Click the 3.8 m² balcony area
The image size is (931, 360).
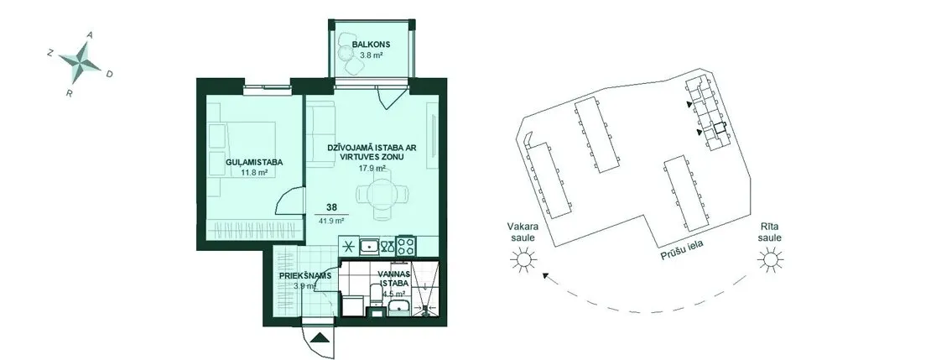(371, 55)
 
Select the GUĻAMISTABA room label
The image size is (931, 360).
(253, 162)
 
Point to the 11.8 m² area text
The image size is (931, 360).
(254, 173)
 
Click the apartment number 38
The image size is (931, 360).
(332, 208)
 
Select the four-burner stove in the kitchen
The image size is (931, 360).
(407, 245)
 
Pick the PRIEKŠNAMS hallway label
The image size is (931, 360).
(305, 275)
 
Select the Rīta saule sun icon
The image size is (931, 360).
(770, 259)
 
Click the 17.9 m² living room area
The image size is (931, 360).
(372, 168)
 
